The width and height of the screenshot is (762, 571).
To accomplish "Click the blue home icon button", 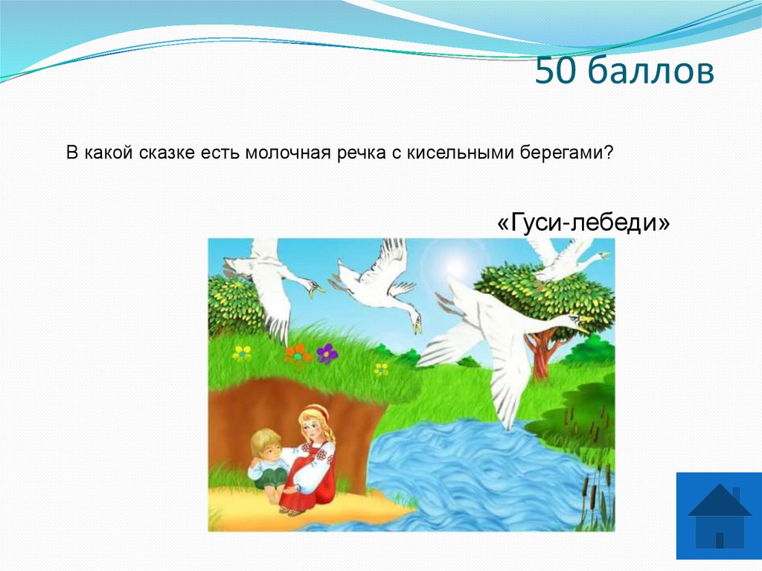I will [719, 515].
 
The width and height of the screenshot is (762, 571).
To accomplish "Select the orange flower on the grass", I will [298, 353].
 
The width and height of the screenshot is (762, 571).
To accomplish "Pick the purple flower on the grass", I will [326, 353].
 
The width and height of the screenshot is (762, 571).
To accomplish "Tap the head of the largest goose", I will [575, 321].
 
